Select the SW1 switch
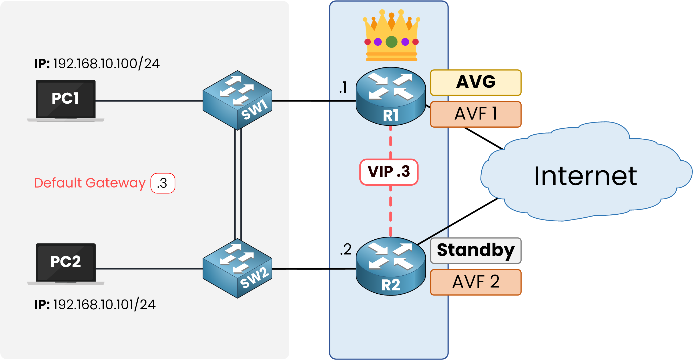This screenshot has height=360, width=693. tap(237, 100)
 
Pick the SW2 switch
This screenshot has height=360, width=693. tap(237, 268)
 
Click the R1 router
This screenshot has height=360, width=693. tap(391, 96)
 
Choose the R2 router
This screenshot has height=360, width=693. tap(391, 266)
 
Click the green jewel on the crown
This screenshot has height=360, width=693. tap(391, 42)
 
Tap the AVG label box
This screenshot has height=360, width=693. tap(476, 82)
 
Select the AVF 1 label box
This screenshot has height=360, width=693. tap(476, 114)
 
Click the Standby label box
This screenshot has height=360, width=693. tap(476, 250)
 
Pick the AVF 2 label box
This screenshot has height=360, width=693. tap(476, 282)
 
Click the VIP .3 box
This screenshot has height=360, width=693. tap(389, 172)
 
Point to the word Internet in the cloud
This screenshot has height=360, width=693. tap(585, 177)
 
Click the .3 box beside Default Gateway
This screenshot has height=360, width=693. tap(163, 183)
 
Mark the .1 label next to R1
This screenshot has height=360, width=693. tap(343, 87)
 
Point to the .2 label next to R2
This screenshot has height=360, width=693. tap(346, 249)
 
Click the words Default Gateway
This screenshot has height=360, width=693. tap(90, 183)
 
